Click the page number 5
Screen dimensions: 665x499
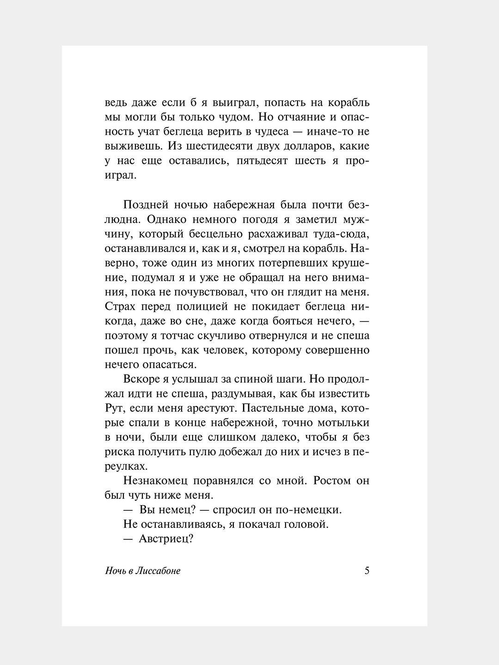click(x=367, y=570)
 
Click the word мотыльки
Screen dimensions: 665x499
click(x=344, y=423)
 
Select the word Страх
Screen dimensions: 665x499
click(x=120, y=306)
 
